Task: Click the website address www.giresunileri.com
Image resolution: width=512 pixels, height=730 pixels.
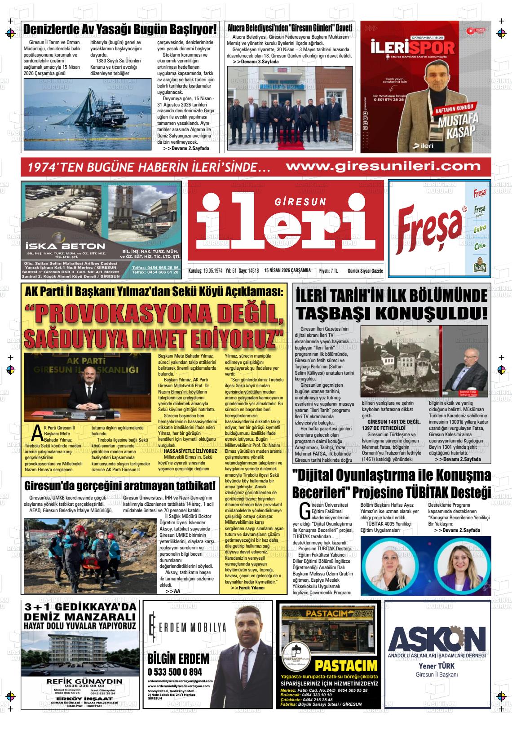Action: (383, 166)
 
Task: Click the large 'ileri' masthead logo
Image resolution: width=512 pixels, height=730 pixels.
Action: (286, 222)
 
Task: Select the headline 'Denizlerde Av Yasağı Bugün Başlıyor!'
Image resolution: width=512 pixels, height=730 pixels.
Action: (120, 29)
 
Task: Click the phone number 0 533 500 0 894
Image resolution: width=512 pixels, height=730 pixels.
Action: (175, 672)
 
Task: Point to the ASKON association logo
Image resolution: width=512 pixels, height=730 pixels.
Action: (437, 637)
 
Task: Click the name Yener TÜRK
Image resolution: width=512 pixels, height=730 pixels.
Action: (436, 666)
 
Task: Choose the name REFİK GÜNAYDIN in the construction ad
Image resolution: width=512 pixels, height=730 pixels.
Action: (84, 681)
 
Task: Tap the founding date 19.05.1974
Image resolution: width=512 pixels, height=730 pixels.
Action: (212, 270)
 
